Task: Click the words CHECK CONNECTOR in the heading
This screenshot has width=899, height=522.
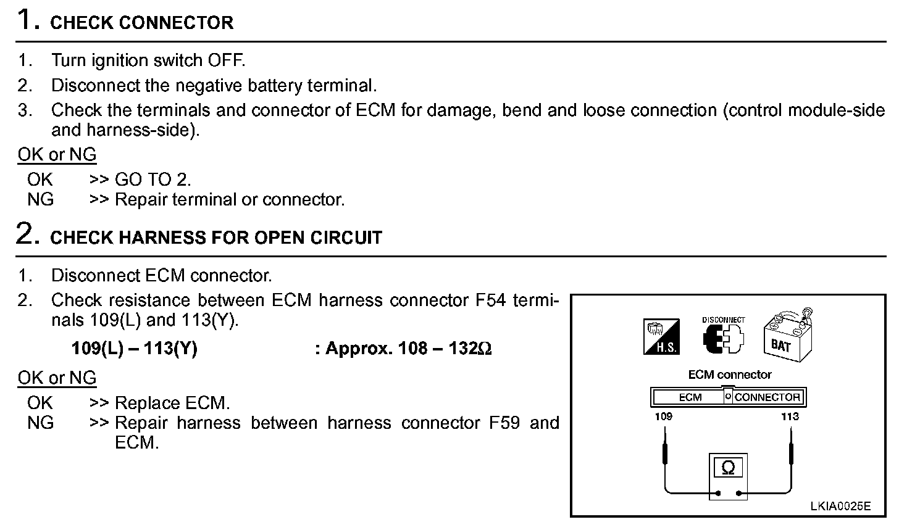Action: (x=141, y=23)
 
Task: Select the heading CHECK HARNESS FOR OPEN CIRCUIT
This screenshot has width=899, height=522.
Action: (x=216, y=238)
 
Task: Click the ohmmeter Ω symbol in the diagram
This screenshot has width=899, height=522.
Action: (x=728, y=468)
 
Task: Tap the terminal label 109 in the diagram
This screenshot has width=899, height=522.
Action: (x=664, y=416)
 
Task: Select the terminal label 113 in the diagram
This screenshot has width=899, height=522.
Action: (x=790, y=416)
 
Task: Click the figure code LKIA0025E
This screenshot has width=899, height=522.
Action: (x=840, y=507)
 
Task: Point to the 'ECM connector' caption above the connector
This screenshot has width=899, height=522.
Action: (x=729, y=375)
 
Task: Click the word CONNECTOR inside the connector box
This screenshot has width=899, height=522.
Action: (x=767, y=397)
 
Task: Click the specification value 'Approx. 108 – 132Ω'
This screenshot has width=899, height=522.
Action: (x=409, y=349)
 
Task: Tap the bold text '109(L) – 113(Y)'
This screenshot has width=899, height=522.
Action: (x=134, y=349)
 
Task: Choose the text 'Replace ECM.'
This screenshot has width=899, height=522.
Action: (x=172, y=404)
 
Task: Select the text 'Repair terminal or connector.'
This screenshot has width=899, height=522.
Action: (x=230, y=200)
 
